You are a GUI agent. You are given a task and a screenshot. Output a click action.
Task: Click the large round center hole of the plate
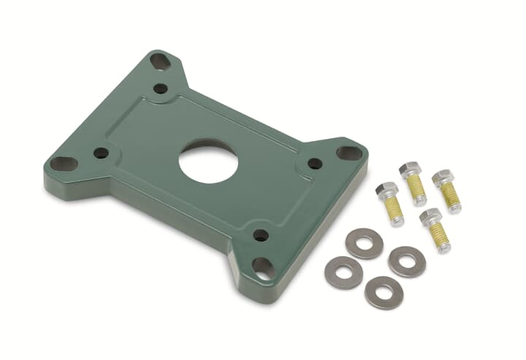(208, 161)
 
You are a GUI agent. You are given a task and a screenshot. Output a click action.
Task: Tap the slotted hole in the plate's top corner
(161, 61)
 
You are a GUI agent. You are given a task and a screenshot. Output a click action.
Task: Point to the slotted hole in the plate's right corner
(348, 153)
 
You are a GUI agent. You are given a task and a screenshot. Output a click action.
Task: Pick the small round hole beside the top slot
(161, 89)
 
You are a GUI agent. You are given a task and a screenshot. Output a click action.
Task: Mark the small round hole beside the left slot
(102, 153)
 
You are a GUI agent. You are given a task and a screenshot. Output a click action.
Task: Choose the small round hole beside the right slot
(315, 164)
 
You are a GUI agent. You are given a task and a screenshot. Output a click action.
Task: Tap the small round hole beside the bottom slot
(260, 235)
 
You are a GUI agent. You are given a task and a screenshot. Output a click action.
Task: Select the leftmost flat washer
(343, 272)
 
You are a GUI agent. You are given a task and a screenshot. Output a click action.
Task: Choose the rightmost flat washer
(407, 261)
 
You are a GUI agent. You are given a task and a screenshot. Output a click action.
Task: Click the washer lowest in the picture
(384, 292)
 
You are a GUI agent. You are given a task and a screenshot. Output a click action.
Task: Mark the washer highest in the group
(364, 243)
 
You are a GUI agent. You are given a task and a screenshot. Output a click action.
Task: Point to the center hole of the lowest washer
(384, 292)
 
